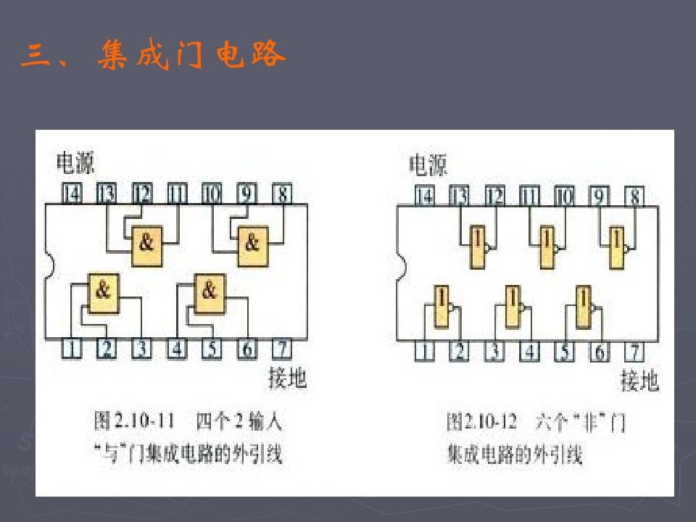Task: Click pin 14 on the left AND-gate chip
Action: tap(71, 194)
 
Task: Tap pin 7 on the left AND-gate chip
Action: tap(282, 349)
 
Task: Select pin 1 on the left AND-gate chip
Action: tap(71, 349)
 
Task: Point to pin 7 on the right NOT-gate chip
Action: tap(634, 352)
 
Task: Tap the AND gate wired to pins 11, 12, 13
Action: tap(147, 241)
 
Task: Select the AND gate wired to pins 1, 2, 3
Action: tap(104, 291)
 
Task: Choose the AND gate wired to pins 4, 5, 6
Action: tap(209, 291)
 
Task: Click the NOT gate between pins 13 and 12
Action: tap(478, 247)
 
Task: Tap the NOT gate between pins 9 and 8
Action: tap(617, 247)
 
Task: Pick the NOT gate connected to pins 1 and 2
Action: tap(441, 305)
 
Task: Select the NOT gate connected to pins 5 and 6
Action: tap(583, 305)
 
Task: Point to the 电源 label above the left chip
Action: tap(75, 164)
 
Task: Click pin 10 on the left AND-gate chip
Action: tap(211, 194)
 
